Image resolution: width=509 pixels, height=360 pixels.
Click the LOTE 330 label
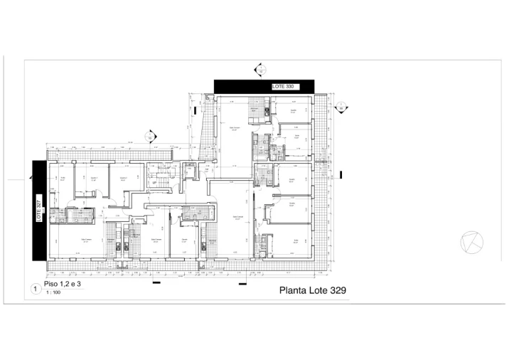[283, 86]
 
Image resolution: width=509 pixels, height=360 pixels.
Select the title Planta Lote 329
[313, 290]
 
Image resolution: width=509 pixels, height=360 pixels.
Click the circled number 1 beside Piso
[35, 289]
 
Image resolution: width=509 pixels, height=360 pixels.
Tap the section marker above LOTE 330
[259, 70]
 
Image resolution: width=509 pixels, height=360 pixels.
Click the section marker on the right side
[341, 107]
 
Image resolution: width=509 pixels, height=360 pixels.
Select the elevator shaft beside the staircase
[189, 170]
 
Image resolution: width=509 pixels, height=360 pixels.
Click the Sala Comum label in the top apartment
[234, 128]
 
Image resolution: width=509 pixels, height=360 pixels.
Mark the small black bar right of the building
[342, 174]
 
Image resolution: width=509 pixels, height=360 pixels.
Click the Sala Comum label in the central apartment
[238, 216]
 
